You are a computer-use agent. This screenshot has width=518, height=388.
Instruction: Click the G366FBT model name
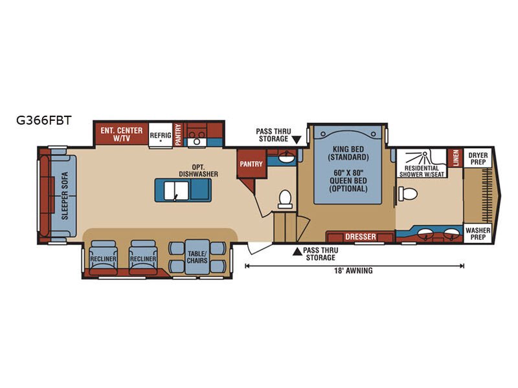tap(43, 120)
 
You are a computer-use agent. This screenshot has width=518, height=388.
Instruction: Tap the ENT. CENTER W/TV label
tap(122, 135)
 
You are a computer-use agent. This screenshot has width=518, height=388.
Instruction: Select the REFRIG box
tap(161, 135)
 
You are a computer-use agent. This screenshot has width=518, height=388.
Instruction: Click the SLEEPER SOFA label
tap(65, 196)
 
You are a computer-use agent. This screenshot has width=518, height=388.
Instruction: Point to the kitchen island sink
tap(176, 191)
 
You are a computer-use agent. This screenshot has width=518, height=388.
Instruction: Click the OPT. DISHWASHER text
tap(198, 171)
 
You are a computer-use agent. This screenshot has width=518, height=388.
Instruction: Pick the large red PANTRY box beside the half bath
tap(251, 164)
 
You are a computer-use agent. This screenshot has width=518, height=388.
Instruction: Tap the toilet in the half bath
tap(285, 199)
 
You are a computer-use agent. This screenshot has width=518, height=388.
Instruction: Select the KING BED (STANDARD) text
tap(348, 153)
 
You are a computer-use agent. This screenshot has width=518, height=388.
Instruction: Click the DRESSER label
tap(361, 237)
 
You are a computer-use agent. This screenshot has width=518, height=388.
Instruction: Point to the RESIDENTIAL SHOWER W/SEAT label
tap(422, 171)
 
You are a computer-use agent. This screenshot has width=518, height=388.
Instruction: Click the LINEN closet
tap(456, 158)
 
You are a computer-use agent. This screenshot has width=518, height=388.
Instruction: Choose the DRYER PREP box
tap(478, 158)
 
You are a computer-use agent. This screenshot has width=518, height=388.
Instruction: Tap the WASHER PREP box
tap(478, 233)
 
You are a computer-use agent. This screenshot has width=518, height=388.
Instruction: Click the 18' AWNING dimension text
tap(353, 270)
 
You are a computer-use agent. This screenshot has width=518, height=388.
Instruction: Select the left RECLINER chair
tap(103, 257)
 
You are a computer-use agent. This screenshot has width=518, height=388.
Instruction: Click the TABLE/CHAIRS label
tap(197, 257)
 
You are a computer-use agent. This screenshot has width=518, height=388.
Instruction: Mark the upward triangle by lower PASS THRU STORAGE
tap(297, 252)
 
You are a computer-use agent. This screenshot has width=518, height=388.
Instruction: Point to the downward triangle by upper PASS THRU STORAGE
tap(297, 140)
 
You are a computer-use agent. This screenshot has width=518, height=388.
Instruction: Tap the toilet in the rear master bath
tap(408, 193)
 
